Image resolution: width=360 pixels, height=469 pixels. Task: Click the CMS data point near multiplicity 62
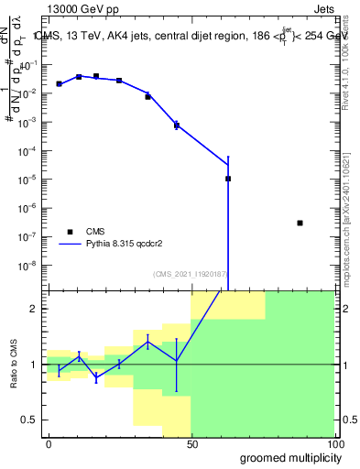pos(228,179)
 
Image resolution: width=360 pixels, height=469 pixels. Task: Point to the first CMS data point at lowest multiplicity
pos(59,83)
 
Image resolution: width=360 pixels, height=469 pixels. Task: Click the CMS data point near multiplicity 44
pos(176,125)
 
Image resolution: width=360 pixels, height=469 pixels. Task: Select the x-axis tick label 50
pos(191,443)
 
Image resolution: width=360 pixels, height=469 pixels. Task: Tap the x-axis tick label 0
pos(49,443)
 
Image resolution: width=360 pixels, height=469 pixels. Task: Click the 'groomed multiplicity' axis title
pos(285,457)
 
